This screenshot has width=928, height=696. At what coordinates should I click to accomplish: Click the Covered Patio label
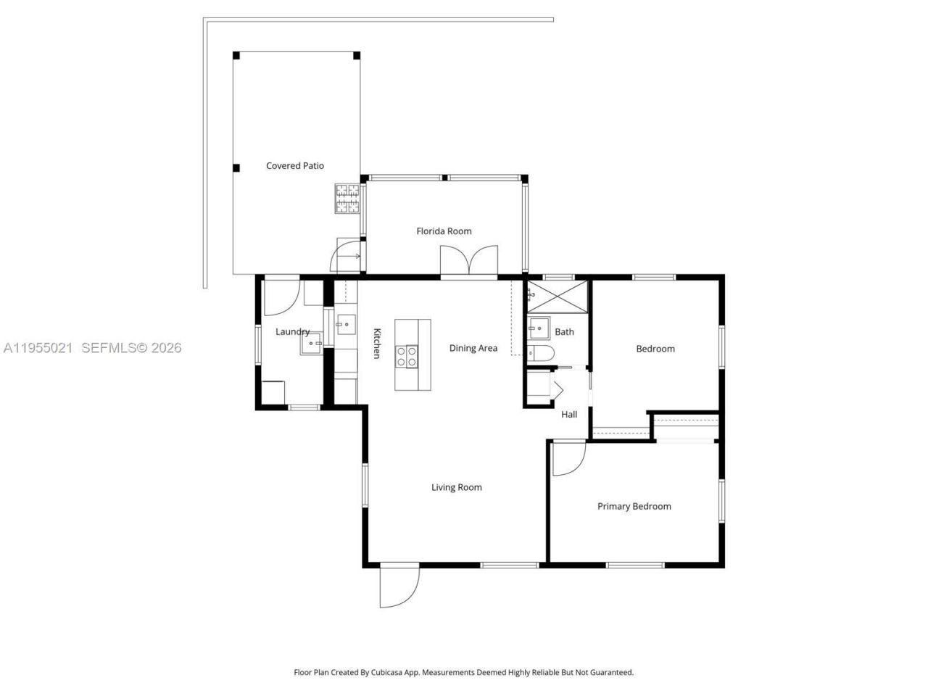(294, 166)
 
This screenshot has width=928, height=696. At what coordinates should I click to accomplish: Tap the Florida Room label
(444, 231)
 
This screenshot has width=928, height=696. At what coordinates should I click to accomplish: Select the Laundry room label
(292, 331)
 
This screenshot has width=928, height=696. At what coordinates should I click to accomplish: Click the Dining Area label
(473, 348)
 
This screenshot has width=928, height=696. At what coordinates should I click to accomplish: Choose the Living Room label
(456, 487)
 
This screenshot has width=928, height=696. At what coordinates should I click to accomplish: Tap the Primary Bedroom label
(634, 506)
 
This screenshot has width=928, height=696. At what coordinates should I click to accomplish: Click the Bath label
(564, 332)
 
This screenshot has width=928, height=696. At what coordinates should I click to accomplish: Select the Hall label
(569, 415)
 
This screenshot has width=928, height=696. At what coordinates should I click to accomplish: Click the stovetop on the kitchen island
(406, 355)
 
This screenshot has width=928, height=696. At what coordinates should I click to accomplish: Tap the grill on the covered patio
(347, 199)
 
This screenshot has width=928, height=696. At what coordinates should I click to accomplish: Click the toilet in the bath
(541, 354)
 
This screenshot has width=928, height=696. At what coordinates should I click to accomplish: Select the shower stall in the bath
(558, 294)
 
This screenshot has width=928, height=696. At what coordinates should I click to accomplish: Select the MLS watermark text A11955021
(38, 348)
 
